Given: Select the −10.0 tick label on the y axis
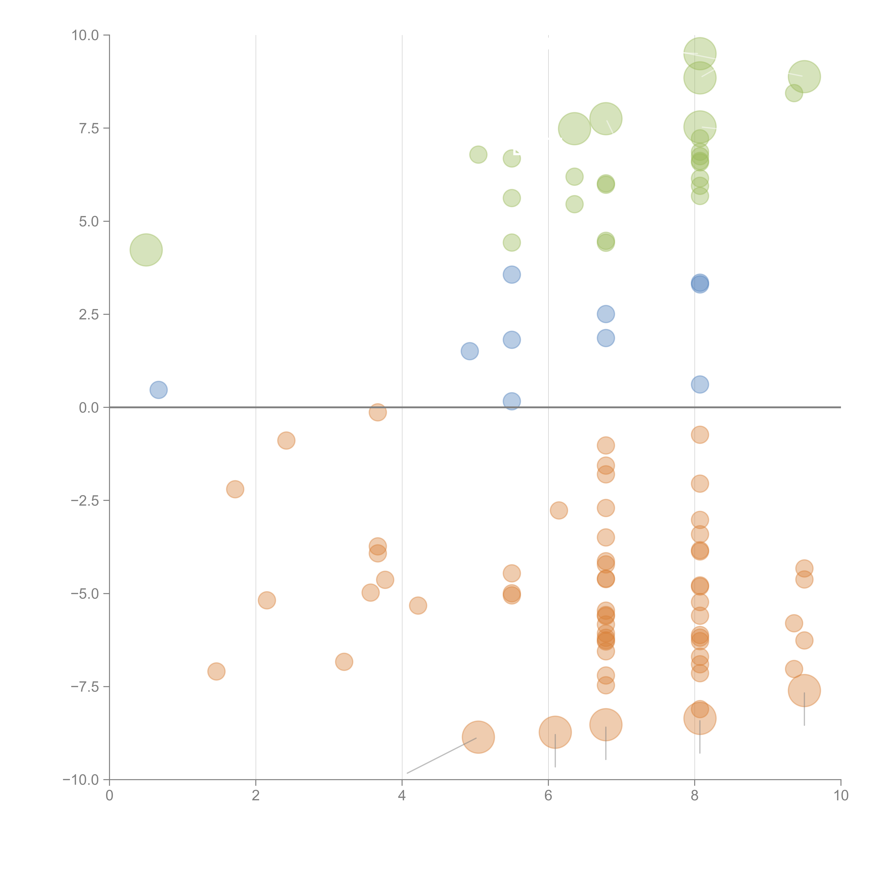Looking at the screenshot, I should click(81, 780).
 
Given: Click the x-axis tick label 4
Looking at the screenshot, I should click(402, 796).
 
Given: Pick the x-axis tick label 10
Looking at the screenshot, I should click(841, 796).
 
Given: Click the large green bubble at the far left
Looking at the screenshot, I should click(146, 250).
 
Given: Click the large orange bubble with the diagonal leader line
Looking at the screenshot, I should click(478, 737).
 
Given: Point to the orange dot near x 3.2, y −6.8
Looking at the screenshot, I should click(344, 662).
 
